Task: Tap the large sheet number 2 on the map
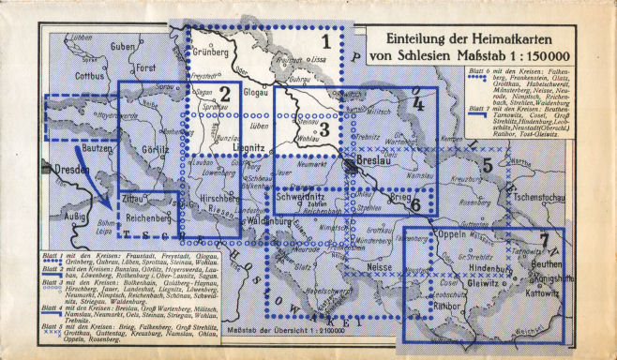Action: [x=225, y=93]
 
